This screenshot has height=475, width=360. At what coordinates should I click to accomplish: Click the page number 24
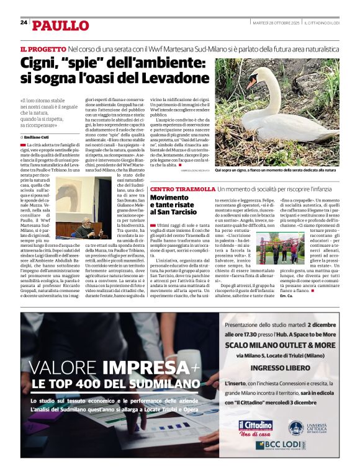(x=24, y=22)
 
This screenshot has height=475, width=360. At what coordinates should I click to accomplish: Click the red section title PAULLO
(x=61, y=25)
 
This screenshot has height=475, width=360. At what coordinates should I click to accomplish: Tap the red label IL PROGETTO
(x=43, y=48)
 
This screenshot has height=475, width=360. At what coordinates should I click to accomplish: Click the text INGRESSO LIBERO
(x=280, y=368)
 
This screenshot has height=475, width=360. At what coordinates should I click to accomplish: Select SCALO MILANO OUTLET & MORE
(x=280, y=344)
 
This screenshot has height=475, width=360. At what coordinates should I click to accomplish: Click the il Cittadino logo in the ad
(x=256, y=427)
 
